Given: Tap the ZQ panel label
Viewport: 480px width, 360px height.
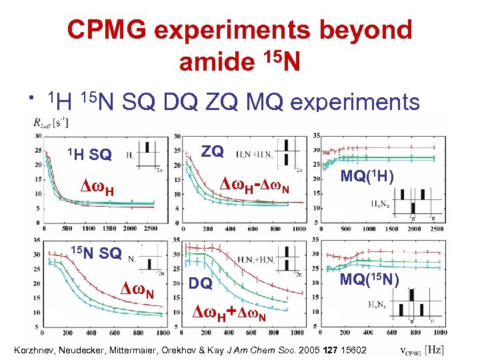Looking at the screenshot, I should tap(212, 151).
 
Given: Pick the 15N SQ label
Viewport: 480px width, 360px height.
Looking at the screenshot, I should tap(96, 253).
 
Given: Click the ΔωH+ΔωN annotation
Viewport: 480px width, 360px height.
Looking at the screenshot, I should tap(230, 312).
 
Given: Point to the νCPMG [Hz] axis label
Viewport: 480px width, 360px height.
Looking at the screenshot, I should tap(423, 349).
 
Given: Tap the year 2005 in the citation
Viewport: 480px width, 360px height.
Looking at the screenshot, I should tap(311, 350).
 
